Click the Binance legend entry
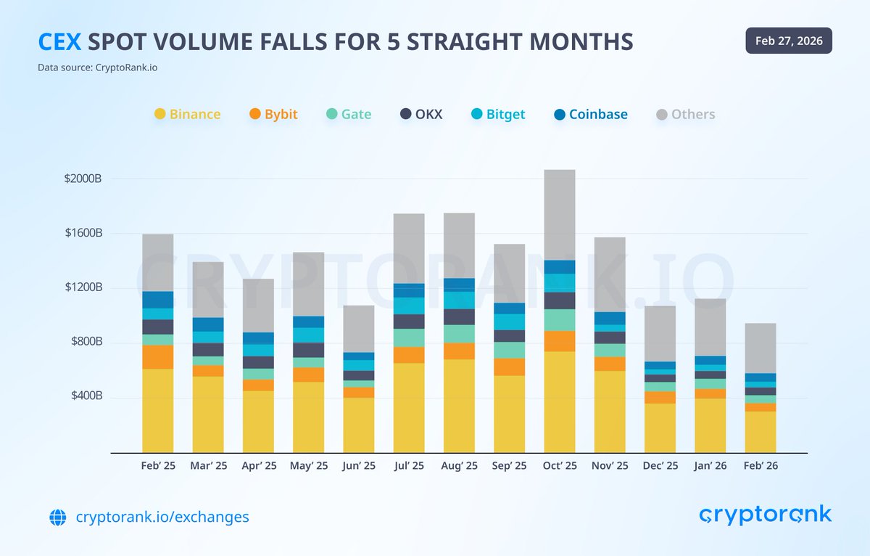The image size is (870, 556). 187,114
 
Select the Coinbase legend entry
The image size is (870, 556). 590,114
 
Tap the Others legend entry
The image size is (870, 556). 685,114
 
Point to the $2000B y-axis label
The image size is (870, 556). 84,179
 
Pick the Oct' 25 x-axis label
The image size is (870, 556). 560,466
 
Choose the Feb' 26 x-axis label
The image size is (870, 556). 761,466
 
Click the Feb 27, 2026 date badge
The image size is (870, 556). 789,41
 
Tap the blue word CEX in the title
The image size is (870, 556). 59,41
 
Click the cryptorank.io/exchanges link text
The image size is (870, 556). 162,517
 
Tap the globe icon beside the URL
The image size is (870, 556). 57,518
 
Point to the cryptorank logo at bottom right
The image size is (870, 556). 765,515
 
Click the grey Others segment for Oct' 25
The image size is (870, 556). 560,215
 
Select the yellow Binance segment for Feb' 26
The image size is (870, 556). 761,432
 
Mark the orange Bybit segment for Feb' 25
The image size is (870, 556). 157,356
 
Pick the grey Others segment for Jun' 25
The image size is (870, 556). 359,329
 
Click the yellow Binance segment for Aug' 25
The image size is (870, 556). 459,406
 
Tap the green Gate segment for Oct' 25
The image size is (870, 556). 560,320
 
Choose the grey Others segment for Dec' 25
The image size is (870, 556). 660,334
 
